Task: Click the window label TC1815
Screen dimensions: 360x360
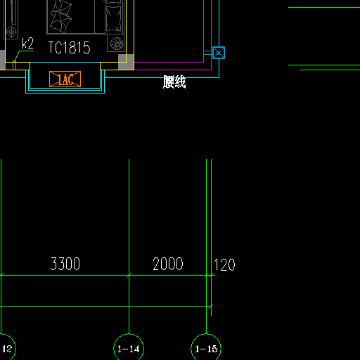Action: tap(69, 48)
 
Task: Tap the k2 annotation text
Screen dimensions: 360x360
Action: tap(27, 44)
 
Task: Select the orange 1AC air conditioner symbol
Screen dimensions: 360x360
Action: tap(65, 79)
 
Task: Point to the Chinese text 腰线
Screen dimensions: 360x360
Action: tap(174, 82)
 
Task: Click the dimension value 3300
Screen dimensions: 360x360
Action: tap(65, 264)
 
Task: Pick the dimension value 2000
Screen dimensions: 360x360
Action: tap(168, 264)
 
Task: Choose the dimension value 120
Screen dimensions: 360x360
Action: tap(224, 265)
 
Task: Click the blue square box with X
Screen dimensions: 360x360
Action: tap(219, 53)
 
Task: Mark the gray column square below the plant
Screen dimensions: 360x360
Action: tap(126, 62)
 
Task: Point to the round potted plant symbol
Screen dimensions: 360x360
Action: tap(117, 44)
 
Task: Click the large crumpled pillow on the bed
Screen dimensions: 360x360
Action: tap(60, 16)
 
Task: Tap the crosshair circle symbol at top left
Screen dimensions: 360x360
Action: tap(11, 32)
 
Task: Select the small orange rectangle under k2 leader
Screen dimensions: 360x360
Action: tap(14, 65)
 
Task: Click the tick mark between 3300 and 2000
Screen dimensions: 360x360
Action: tap(129, 275)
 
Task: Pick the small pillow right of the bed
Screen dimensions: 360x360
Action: tap(114, 19)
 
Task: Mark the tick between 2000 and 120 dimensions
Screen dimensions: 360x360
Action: tap(207, 275)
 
